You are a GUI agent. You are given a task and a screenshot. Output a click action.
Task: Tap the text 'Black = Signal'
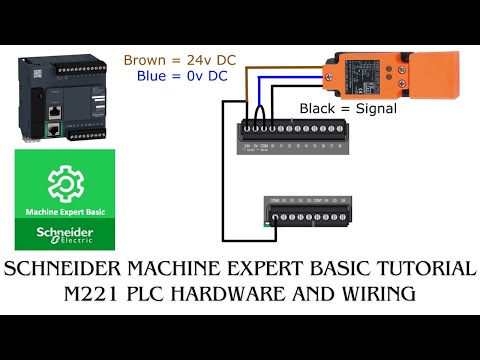pyautogui.click(x=348, y=108)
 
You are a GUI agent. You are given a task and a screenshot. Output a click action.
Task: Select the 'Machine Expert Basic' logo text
pyautogui.click(x=64, y=212)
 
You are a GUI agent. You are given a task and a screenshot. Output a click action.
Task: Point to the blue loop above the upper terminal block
pyautogui.click(x=263, y=110)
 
